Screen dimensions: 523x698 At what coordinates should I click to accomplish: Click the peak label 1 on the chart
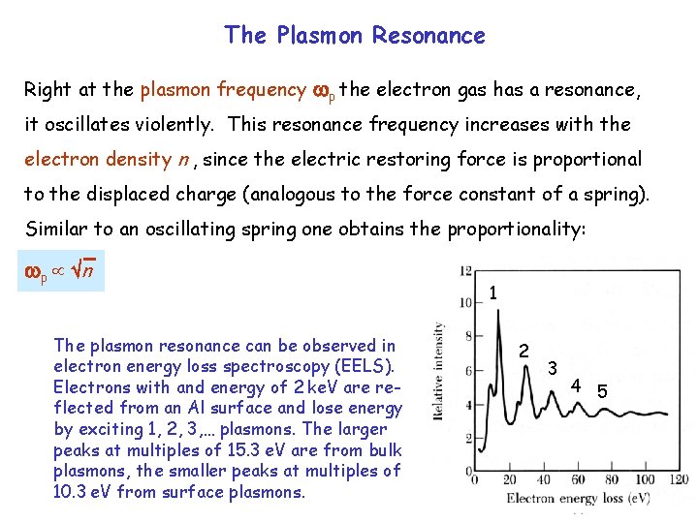[493, 292]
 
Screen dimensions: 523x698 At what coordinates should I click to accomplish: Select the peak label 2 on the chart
[523, 350]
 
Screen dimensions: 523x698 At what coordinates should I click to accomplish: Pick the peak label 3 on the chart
[552, 368]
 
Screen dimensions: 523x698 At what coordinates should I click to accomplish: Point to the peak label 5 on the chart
[601, 391]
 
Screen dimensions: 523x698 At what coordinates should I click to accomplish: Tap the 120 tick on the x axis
[679, 479]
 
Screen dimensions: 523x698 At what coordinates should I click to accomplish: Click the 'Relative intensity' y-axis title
[441, 372]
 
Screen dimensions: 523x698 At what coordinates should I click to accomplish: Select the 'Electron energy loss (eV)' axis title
[577, 498]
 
